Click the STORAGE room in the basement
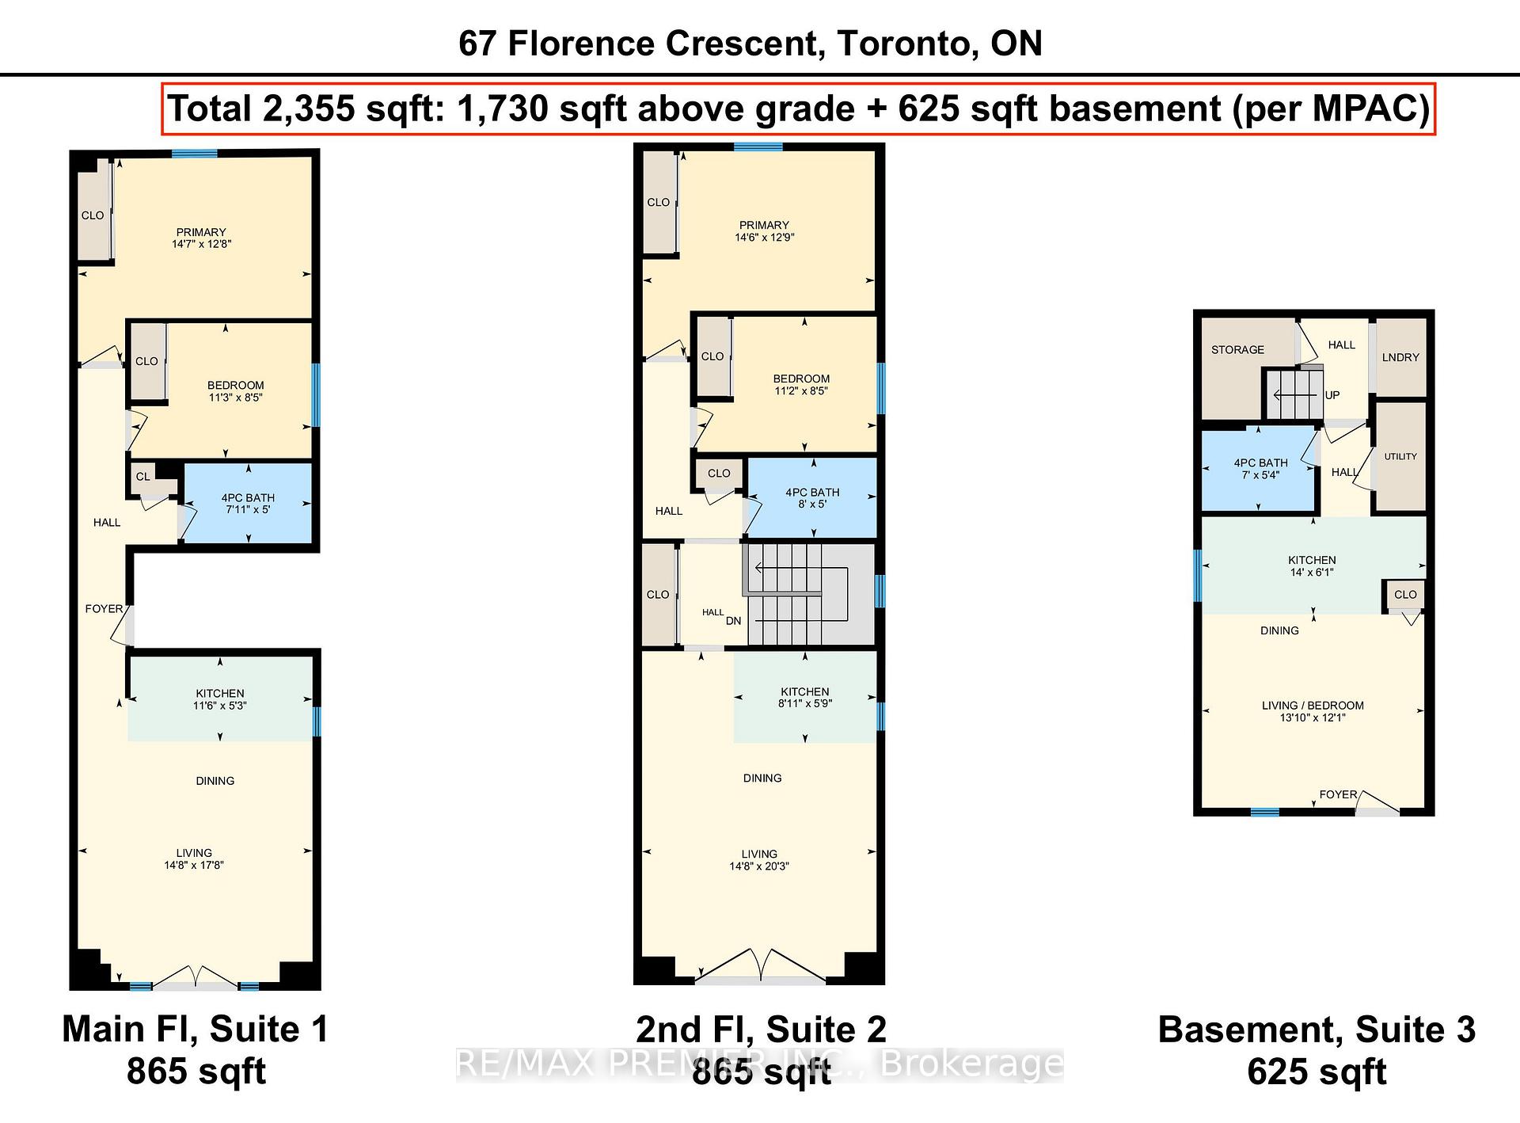1237,350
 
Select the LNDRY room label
1400,357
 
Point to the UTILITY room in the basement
1400,457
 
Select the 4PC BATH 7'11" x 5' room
248,504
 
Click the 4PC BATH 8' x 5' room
812,498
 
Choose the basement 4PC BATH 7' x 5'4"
1260,469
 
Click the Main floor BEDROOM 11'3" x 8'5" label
236,391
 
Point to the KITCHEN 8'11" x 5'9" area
804,697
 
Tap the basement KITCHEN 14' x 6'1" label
1312,565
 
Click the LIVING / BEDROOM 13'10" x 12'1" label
1313,711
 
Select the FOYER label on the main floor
104,609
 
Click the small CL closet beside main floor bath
143,477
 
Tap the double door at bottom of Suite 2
760,968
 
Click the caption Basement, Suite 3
1316,1030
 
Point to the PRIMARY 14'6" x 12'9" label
764,230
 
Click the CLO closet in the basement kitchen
1405,595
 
